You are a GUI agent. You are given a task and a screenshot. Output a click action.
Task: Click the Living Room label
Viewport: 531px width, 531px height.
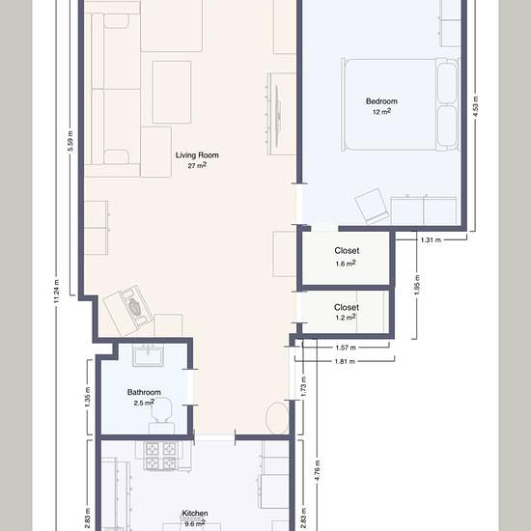click(197, 155)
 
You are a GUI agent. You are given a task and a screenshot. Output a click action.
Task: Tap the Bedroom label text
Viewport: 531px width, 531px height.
click(381, 101)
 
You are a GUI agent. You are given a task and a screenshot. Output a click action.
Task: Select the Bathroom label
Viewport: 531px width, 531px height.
click(144, 392)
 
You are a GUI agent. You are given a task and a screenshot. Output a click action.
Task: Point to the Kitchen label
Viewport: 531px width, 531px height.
click(195, 514)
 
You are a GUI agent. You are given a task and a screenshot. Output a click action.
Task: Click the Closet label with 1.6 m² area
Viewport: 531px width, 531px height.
click(347, 251)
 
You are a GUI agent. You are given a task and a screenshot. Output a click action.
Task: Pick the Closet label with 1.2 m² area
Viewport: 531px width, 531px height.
click(347, 307)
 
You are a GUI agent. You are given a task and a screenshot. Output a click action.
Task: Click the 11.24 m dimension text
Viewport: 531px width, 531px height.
click(57, 292)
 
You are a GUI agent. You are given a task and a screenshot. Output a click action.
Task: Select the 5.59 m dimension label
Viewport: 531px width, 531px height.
click(70, 141)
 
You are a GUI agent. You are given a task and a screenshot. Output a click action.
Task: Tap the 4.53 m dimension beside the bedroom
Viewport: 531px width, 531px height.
click(475, 106)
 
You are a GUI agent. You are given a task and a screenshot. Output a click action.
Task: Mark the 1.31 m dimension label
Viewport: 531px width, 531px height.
click(431, 240)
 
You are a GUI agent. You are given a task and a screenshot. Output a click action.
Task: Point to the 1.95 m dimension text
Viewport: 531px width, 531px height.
click(417, 285)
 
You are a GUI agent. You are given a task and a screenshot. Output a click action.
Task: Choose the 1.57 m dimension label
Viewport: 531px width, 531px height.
click(346, 348)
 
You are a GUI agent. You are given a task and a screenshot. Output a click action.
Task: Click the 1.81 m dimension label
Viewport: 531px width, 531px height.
click(345, 362)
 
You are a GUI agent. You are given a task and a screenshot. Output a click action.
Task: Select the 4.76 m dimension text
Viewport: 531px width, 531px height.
click(317, 470)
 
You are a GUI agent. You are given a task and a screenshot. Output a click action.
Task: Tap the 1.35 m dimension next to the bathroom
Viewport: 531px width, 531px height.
click(87, 397)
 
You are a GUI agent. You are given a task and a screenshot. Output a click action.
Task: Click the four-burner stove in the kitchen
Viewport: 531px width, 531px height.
click(160, 456)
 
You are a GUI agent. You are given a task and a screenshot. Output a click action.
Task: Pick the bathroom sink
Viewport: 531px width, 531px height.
click(148, 355)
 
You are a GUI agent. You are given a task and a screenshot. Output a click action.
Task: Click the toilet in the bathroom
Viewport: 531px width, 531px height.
click(161, 415)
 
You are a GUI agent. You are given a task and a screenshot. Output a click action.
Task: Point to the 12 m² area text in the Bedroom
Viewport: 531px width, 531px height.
click(381, 111)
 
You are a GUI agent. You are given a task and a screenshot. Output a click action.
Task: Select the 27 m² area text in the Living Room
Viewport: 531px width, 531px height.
click(197, 166)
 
